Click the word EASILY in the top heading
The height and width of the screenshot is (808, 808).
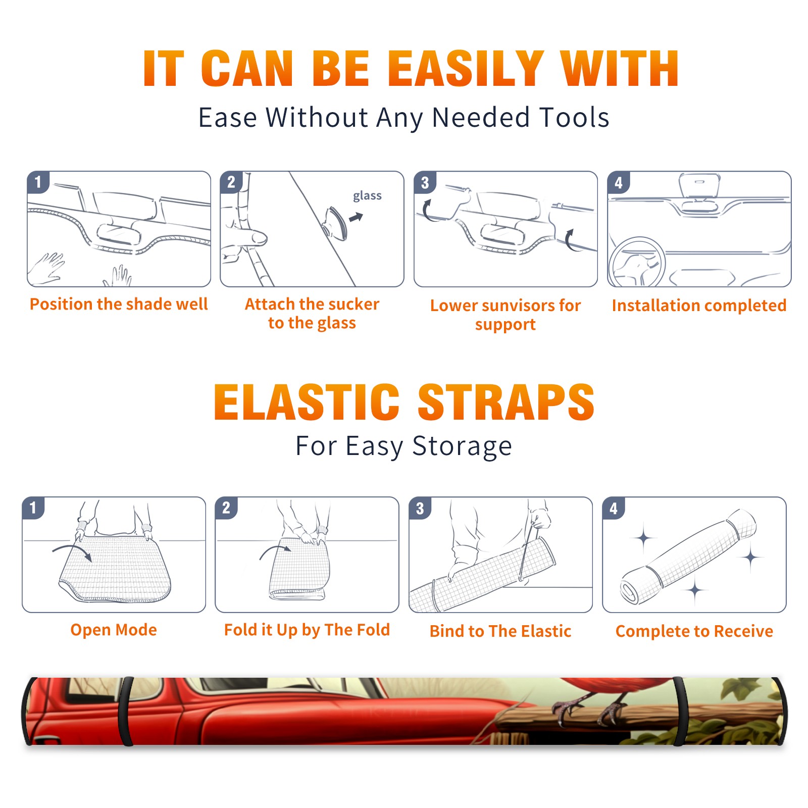pyautogui.click(x=466, y=69)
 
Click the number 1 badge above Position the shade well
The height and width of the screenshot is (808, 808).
pyautogui.click(x=38, y=181)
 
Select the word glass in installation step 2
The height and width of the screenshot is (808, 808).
pyautogui.click(x=367, y=196)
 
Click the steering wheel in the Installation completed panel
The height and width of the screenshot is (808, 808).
pyautogui.click(x=637, y=263)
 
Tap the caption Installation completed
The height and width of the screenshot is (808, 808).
pyautogui.click(x=699, y=305)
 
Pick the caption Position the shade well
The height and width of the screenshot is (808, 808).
pyautogui.click(x=119, y=304)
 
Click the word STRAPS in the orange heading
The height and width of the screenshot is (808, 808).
pyautogui.click(x=506, y=402)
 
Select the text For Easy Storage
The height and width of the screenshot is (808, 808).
pyautogui.click(x=403, y=446)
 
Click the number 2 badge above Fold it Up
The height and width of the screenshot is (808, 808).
pyautogui.click(x=226, y=507)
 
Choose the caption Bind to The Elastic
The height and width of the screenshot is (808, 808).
pyautogui.click(x=500, y=631)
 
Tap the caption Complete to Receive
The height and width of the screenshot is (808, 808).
pyautogui.click(x=694, y=631)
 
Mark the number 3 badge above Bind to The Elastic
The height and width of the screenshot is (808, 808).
pyautogui.click(x=420, y=508)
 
